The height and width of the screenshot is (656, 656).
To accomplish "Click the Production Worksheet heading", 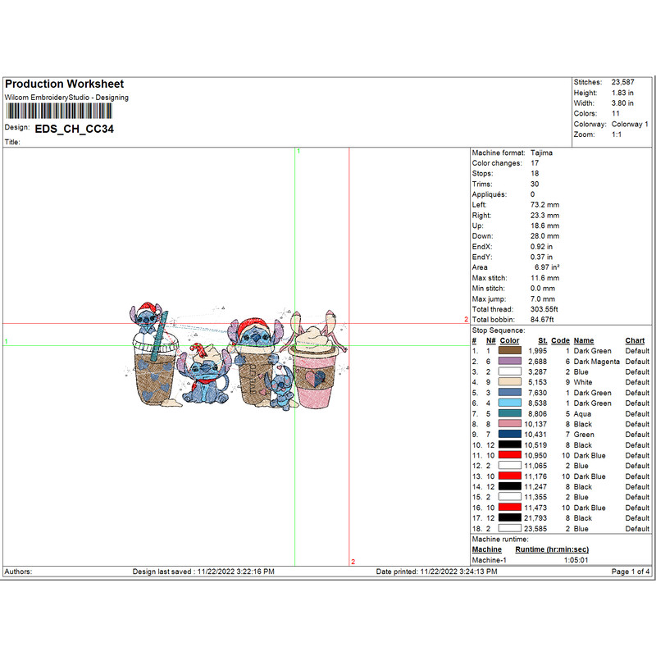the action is (65, 84).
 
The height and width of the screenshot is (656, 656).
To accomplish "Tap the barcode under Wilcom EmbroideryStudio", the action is (59, 112).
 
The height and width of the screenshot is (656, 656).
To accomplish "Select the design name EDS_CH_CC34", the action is (74, 129).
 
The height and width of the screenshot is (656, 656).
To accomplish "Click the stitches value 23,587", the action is (622, 83).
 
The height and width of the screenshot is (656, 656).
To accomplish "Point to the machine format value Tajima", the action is (541, 153).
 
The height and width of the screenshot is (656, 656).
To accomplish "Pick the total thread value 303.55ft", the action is (544, 309).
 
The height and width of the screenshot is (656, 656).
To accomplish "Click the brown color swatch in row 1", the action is (509, 351).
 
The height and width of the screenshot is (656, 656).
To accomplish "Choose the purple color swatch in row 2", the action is (509, 361).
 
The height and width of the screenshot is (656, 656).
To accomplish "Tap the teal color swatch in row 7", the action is (509, 413).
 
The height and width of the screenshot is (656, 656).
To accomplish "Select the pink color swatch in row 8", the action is (509, 424).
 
